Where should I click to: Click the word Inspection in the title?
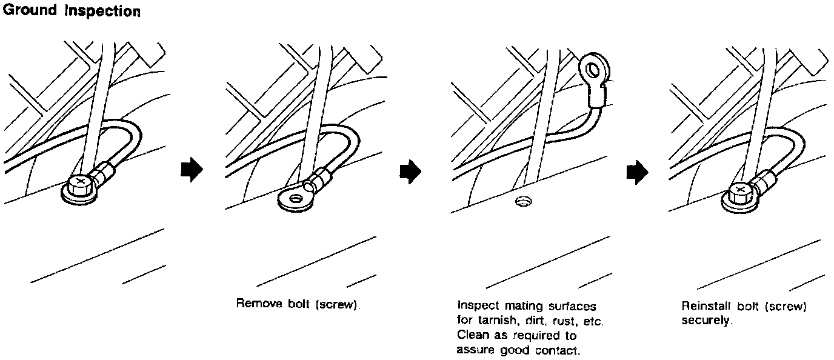102,12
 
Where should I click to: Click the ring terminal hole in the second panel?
296,198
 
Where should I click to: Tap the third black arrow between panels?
636,172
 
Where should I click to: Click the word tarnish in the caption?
494,321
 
